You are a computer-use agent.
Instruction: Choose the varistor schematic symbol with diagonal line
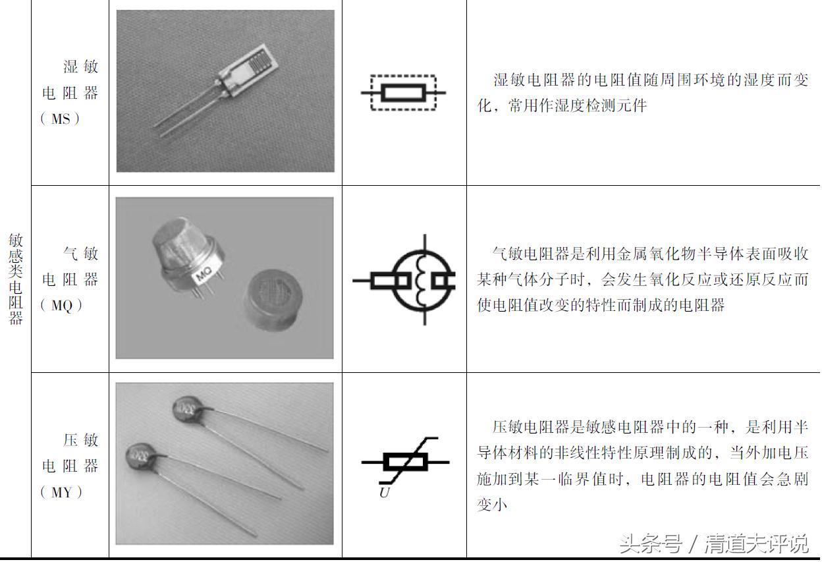tap(404, 462)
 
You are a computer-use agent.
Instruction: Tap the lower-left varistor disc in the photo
tap(140, 456)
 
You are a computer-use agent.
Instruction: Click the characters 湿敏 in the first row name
tap(80, 67)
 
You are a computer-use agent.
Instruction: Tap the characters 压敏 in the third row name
tap(80, 440)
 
